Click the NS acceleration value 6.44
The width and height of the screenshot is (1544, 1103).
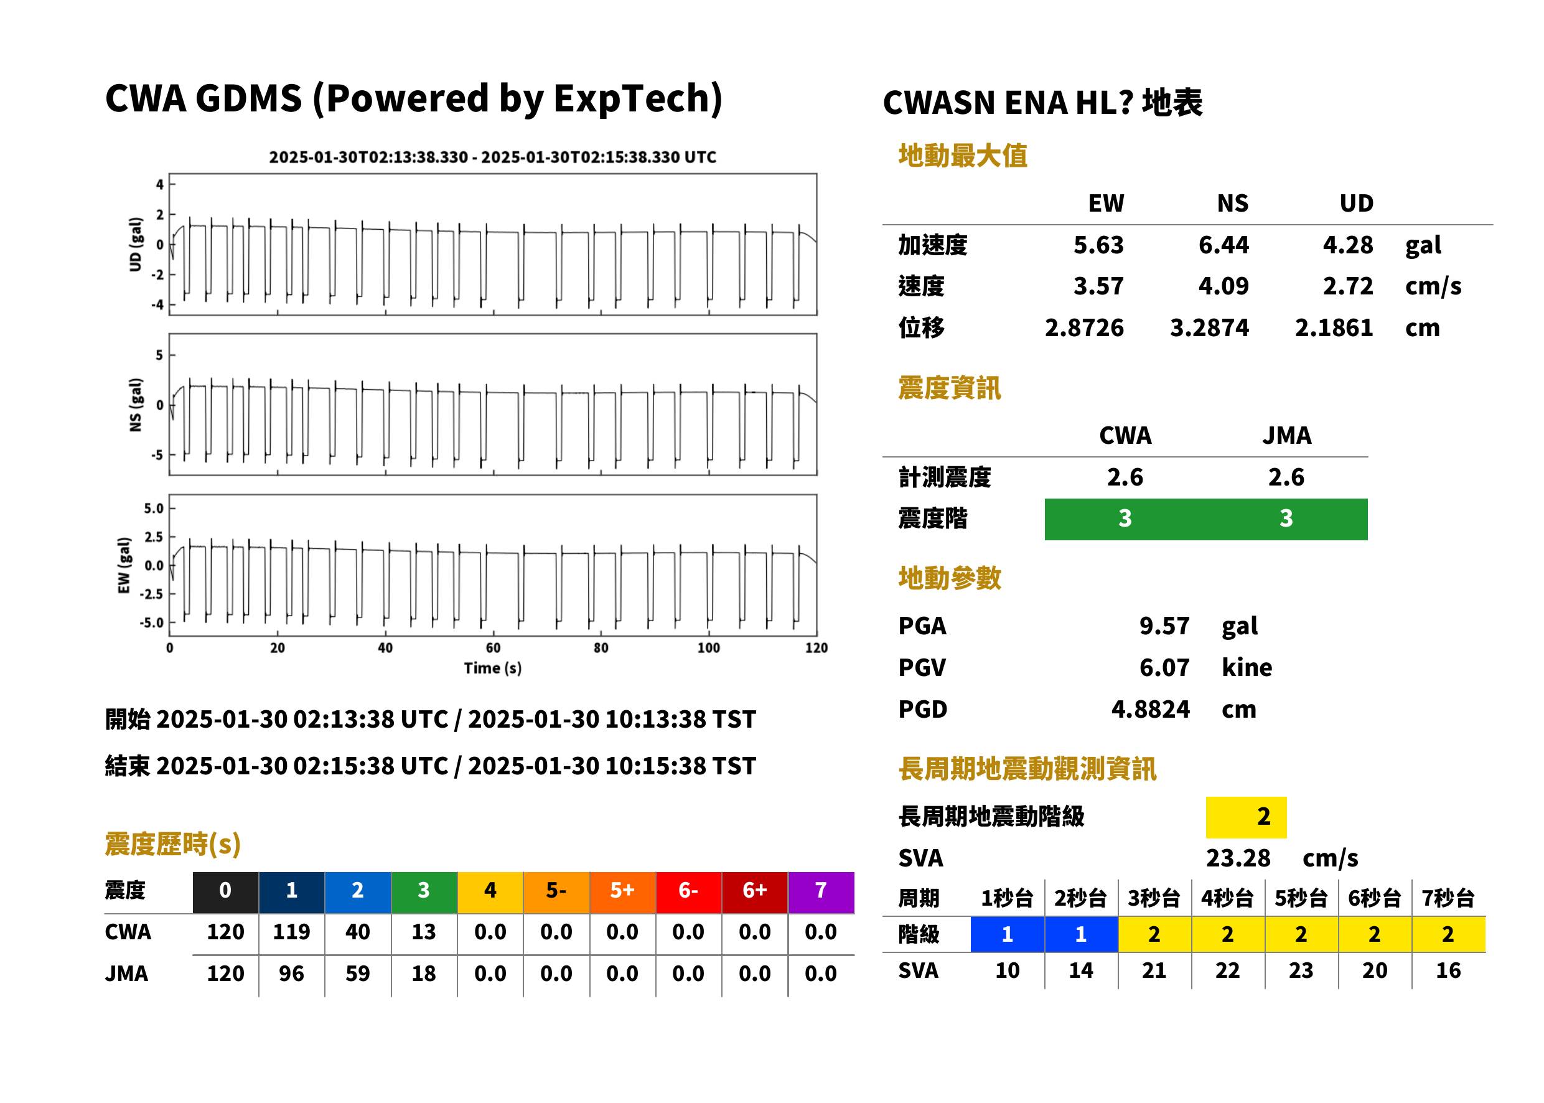(x=1223, y=245)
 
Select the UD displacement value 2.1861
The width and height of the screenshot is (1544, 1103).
(x=1334, y=327)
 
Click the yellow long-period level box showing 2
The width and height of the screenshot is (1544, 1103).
(x=1246, y=817)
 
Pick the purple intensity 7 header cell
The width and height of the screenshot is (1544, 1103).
(x=821, y=892)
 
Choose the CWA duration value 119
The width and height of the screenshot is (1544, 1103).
(x=291, y=932)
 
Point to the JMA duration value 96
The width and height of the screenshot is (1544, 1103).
(x=291, y=974)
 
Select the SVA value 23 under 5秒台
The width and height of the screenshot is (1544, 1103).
(x=1301, y=970)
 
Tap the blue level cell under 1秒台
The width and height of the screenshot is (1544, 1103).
(x=1008, y=934)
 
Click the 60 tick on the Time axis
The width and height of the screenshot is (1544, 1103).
(x=493, y=648)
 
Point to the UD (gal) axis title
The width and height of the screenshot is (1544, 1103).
(x=136, y=245)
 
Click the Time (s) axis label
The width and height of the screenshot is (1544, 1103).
(x=493, y=669)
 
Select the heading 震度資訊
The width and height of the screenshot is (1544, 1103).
(x=949, y=388)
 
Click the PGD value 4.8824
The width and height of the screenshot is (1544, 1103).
(x=1150, y=709)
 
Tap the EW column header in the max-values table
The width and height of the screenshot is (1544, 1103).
(x=1106, y=203)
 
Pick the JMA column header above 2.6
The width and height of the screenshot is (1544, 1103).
(x=1287, y=435)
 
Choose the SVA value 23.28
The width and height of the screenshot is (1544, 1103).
(x=1238, y=858)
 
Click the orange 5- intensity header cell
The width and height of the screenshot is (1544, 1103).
(x=556, y=892)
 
